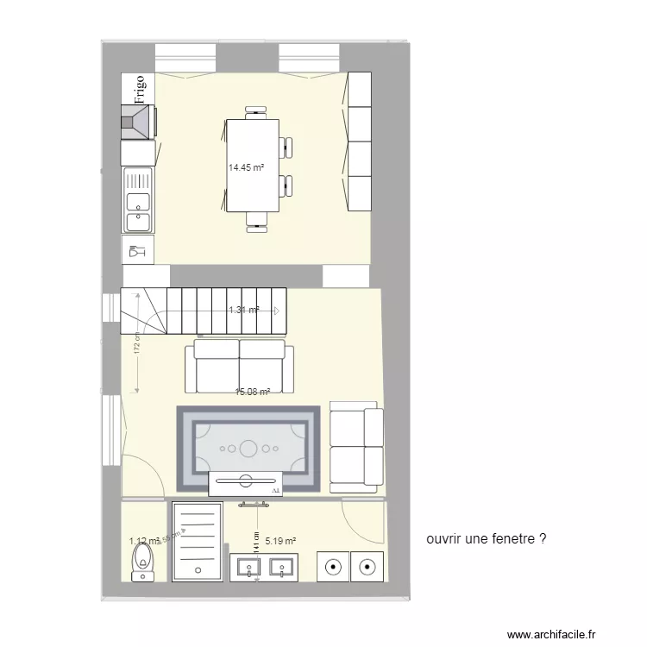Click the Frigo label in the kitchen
139,90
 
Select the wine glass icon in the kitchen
136,251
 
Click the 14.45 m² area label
246,168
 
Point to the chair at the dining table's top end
255,111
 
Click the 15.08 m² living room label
253,392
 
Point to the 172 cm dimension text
137,346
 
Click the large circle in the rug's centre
248,448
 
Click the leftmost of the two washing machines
332,567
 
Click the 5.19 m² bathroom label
280,542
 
